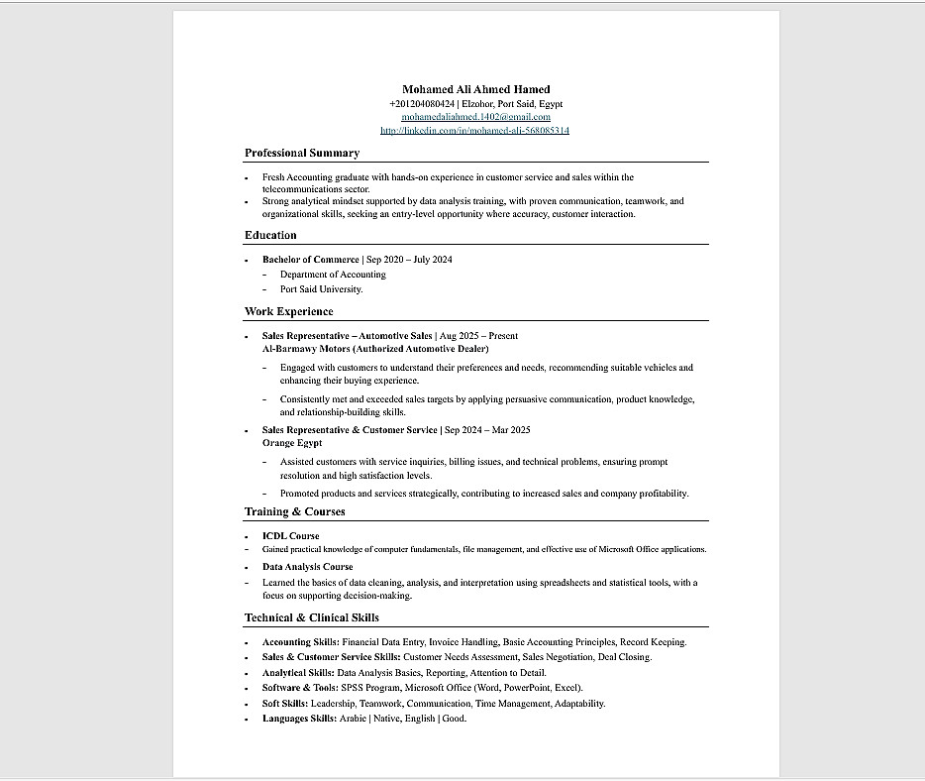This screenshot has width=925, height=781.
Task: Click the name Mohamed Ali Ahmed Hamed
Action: [475, 89]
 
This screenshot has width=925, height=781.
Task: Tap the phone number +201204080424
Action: [422, 103]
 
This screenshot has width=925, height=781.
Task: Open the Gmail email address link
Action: [475, 117]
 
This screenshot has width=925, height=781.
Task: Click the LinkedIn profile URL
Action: [475, 130]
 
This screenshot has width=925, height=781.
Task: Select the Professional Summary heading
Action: [302, 153]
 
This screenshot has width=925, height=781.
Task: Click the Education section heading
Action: [270, 235]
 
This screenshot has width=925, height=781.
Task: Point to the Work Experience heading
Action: [289, 311]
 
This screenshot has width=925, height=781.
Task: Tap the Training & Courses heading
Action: [295, 511]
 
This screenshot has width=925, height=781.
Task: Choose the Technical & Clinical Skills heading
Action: [312, 617]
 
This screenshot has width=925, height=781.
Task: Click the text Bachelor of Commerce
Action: [311, 260]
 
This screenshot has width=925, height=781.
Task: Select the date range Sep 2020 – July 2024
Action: [409, 260]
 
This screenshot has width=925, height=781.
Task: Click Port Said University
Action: [321, 289]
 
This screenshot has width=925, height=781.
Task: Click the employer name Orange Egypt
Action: [292, 443]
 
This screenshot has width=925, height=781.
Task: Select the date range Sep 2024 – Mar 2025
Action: [487, 430]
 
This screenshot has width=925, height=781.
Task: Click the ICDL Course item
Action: [290, 536]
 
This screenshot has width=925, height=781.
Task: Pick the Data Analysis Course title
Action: [307, 567]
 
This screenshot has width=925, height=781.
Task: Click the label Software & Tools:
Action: [300, 688]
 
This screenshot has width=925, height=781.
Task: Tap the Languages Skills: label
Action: [299, 719]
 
